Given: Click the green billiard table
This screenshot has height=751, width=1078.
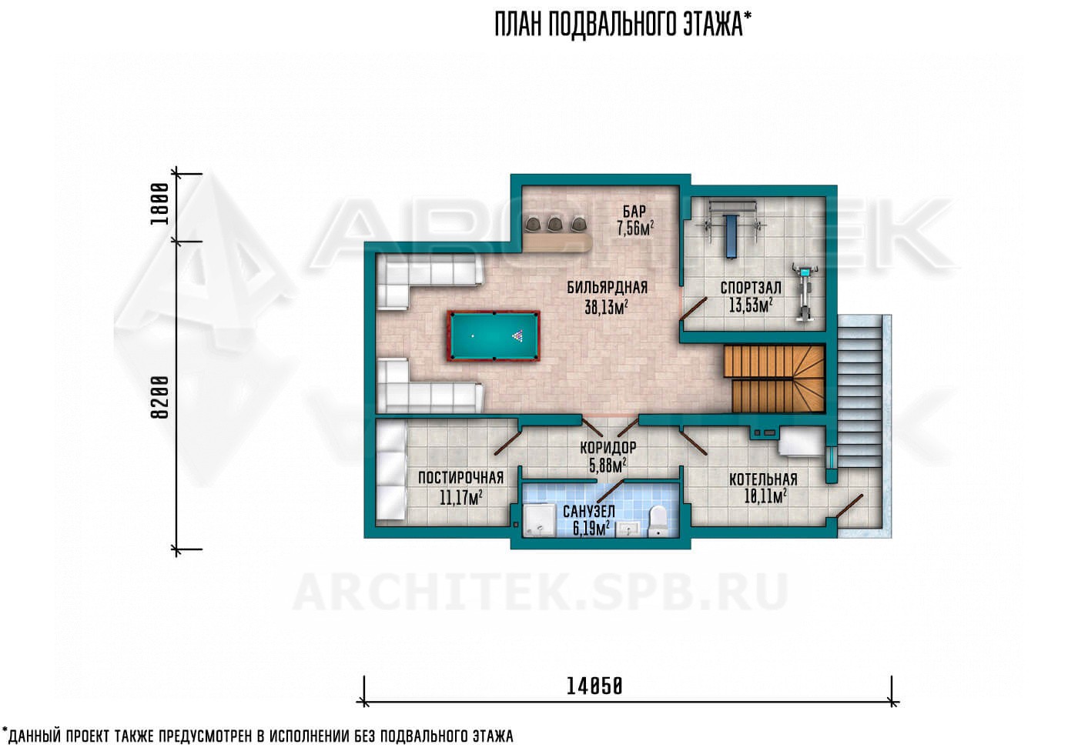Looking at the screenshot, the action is click(x=494, y=335).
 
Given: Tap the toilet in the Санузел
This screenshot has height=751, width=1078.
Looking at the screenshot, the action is click(x=658, y=522).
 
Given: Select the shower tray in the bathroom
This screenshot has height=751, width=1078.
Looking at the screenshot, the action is click(x=539, y=519).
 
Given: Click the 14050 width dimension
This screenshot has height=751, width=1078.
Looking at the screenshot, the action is click(x=594, y=686).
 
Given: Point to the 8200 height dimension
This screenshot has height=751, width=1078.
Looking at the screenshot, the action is click(x=160, y=397).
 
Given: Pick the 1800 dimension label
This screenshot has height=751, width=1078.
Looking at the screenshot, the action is click(x=160, y=204).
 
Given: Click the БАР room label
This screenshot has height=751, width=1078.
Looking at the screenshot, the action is click(x=634, y=211).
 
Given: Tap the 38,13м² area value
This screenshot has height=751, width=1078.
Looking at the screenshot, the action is click(x=606, y=307).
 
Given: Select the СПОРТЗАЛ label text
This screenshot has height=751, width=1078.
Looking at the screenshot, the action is click(x=751, y=288).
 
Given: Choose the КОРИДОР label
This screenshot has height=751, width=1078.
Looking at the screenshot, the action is click(x=608, y=448).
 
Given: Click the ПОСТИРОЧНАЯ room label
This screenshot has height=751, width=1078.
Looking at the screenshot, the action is click(x=460, y=478).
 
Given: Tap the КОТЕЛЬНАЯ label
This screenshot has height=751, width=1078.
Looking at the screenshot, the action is click(x=763, y=479).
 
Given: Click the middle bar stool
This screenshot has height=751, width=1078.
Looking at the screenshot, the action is click(x=555, y=225).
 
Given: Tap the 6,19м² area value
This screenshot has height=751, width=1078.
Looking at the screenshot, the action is click(x=591, y=529).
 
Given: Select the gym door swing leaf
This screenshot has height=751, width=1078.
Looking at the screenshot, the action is click(x=693, y=309).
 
